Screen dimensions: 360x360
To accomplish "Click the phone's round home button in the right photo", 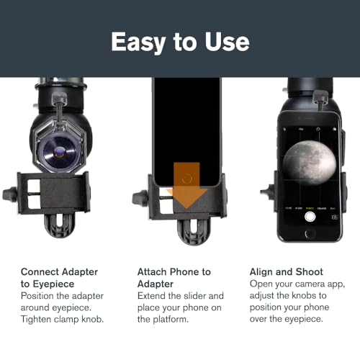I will coord(310,235).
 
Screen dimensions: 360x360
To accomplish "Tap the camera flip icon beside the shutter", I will coord(334,215).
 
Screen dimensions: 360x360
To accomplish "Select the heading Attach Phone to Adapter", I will coord(174,277).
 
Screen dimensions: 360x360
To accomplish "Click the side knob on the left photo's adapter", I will coord(9,194).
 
